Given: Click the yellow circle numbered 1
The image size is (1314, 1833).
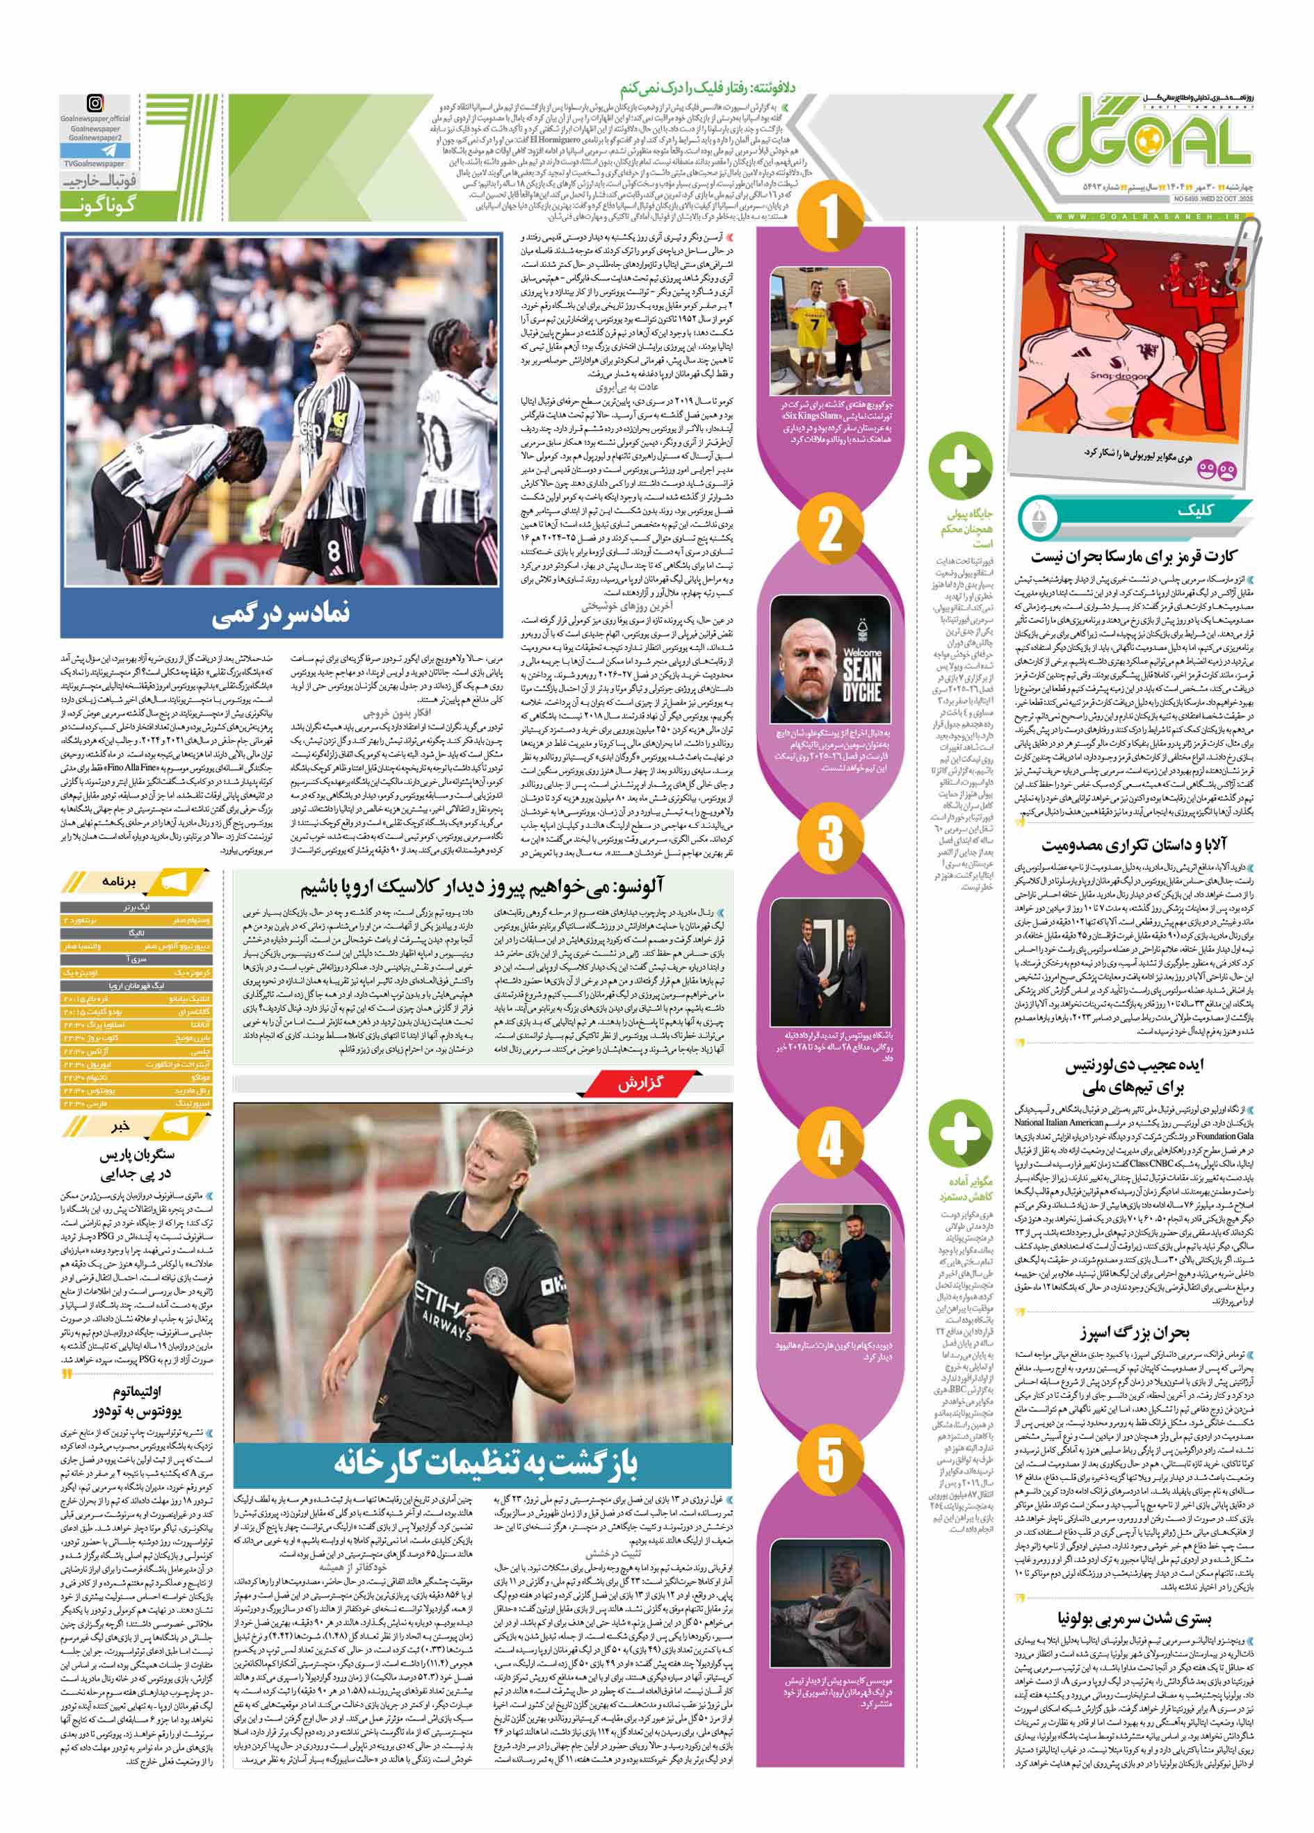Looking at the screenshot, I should click(830, 218).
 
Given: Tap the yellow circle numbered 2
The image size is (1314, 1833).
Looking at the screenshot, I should click(830, 530).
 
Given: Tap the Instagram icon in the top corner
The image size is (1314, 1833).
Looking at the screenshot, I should click(95, 104).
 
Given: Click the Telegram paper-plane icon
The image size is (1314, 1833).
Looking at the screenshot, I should click(95, 150).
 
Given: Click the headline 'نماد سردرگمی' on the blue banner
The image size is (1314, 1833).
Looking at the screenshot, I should click(282, 616).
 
